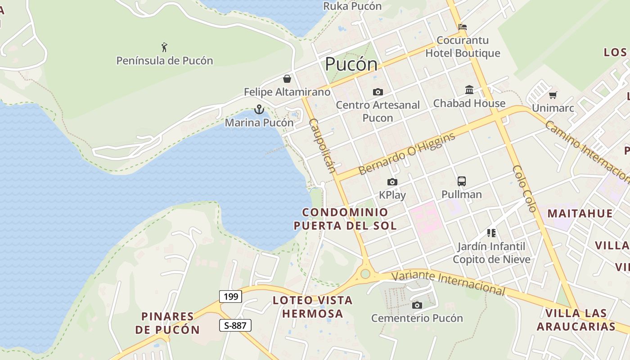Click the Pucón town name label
(x=351, y=64)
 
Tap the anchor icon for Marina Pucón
(x=259, y=109)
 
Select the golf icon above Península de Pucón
(x=164, y=47)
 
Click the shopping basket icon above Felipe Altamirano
(x=287, y=79)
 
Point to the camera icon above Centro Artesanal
(x=378, y=92)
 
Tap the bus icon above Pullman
(x=462, y=181)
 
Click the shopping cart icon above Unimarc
(x=553, y=95)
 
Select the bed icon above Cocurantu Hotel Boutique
(x=462, y=27)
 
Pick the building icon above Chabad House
(x=469, y=90)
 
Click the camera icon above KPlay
(x=392, y=182)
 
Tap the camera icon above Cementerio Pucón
(x=417, y=305)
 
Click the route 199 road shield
(x=231, y=296)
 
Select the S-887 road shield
(x=235, y=325)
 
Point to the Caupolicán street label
(x=323, y=145)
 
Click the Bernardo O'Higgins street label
(x=407, y=153)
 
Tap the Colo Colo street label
(x=525, y=188)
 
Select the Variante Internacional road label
(x=448, y=282)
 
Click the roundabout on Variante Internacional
(x=365, y=273)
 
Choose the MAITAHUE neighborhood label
(x=580, y=213)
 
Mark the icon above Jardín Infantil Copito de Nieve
(x=491, y=233)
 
